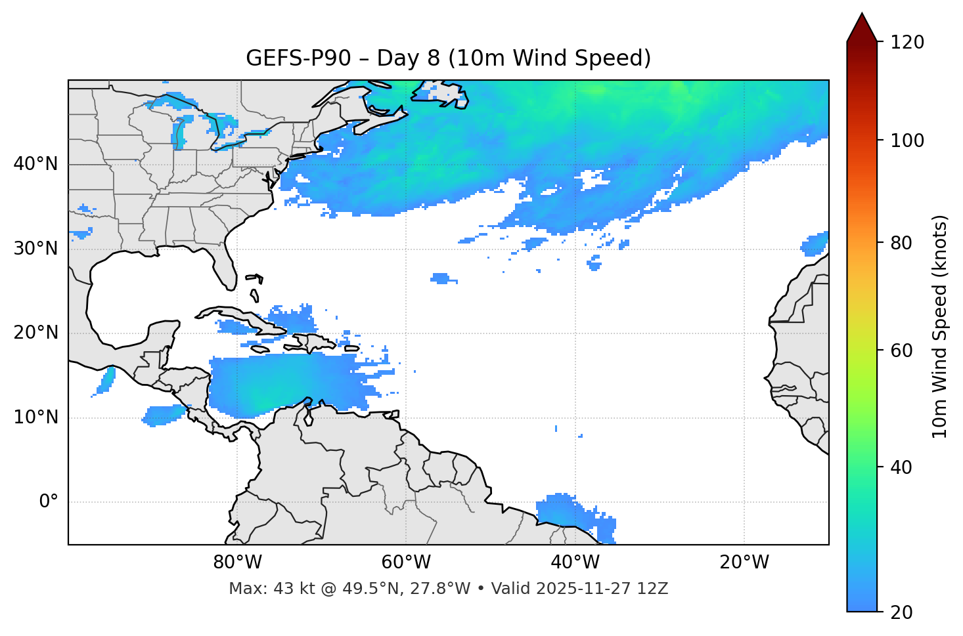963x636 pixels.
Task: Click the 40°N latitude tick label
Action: point(35,164)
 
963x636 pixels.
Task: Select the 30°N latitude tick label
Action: point(35,249)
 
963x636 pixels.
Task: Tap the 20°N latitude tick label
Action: point(35,333)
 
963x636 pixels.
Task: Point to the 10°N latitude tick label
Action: point(35,417)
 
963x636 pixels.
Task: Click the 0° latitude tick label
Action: point(49,502)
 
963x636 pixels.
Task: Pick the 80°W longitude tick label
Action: point(237,562)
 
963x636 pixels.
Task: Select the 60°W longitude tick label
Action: point(406,562)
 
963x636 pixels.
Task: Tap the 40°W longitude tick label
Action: point(575,562)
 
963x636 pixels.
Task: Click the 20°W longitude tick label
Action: point(744,562)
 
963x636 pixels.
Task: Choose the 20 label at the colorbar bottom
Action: point(902,612)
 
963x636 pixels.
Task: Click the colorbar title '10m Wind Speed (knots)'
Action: point(940,326)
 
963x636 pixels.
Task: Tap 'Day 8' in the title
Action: point(408,58)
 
